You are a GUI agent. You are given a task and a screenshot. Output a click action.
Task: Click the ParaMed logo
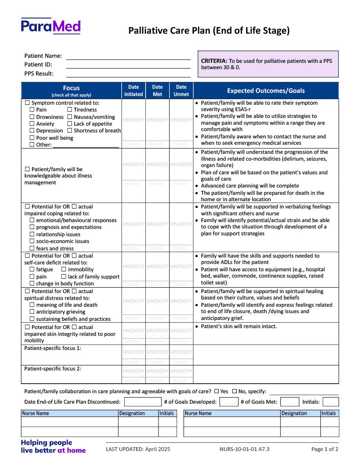click(51, 26)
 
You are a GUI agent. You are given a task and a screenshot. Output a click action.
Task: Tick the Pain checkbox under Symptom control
click(32, 110)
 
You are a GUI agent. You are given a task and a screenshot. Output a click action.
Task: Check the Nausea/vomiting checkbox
click(70, 117)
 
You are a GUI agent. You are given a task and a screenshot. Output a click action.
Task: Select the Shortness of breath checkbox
click(70, 131)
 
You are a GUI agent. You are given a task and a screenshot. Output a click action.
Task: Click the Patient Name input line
click(128, 56)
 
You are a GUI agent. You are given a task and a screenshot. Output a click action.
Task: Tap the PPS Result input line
click(128, 74)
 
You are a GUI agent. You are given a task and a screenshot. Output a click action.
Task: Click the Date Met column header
click(157, 91)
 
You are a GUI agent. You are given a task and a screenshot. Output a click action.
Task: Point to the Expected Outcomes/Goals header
click(266, 91)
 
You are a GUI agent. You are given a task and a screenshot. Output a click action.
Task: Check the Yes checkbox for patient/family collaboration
click(216, 391)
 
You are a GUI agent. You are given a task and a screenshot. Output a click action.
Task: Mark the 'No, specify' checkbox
click(234, 391)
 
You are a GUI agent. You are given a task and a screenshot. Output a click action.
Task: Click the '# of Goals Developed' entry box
click(228, 402)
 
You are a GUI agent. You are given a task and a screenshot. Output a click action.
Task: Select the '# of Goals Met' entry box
click(289, 402)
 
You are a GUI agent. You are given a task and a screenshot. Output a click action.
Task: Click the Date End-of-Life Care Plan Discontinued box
click(142, 402)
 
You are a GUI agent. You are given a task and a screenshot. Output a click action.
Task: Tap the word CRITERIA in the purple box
click(214, 61)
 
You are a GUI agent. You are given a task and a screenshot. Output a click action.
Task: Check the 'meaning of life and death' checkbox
click(32, 305)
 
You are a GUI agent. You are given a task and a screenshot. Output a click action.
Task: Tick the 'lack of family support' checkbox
click(64, 277)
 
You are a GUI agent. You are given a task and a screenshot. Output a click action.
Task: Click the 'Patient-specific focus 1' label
click(53, 348)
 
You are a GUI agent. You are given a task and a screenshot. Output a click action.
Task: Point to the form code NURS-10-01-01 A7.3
click(244, 449)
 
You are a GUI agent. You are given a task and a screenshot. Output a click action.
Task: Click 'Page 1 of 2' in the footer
click(325, 449)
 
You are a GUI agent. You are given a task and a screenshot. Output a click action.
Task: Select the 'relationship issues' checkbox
click(32, 234)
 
